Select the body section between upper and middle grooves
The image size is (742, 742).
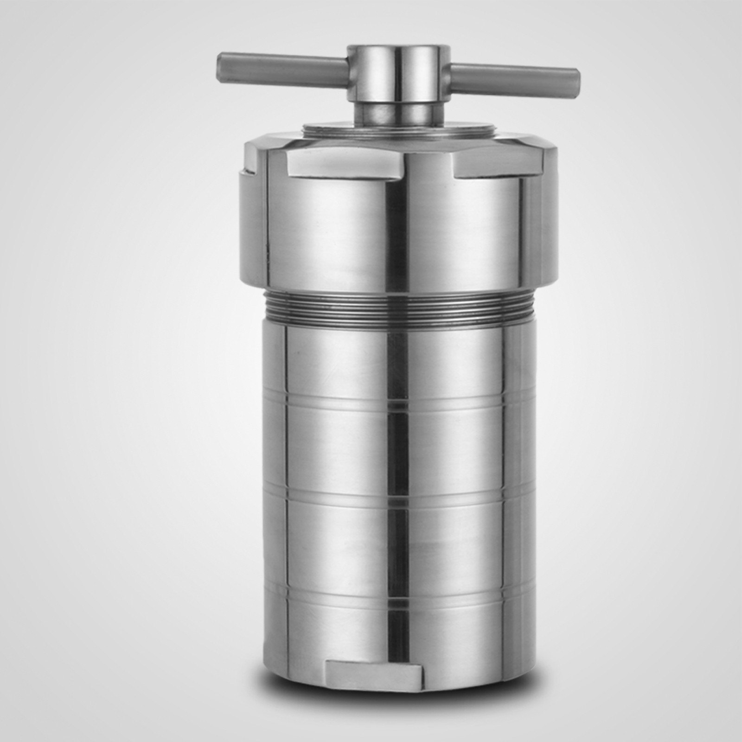(334, 450)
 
